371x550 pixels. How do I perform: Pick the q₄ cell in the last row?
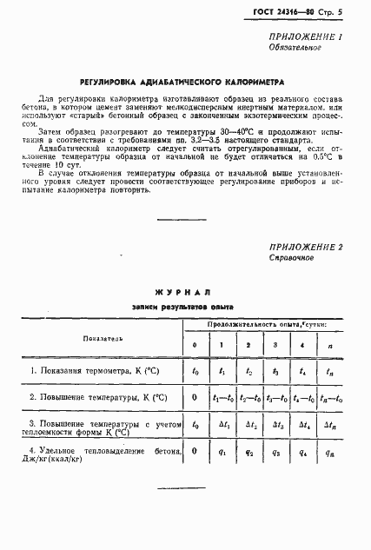301,452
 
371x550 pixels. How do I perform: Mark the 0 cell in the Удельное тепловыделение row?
194,452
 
